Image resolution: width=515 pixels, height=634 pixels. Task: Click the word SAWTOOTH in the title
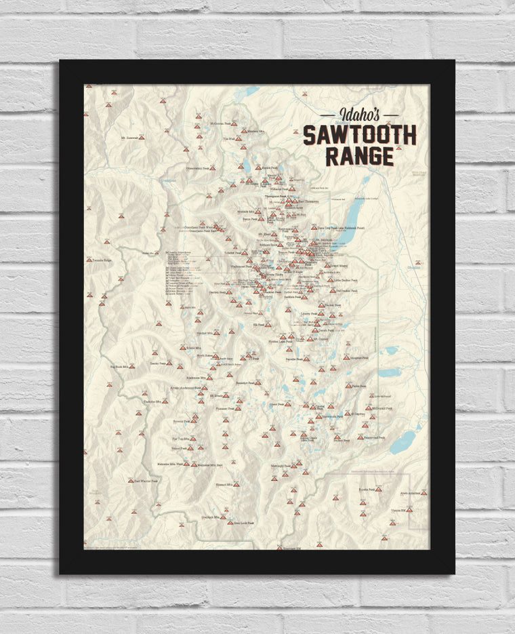[x=359, y=135]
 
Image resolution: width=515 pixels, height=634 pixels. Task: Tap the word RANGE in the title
[x=359, y=157]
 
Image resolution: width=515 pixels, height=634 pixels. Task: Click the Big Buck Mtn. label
[x=119, y=367]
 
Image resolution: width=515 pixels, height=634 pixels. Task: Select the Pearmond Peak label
[x=373, y=438]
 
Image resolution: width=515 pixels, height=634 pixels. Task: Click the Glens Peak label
[x=279, y=403]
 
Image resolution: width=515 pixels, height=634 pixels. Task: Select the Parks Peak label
[x=359, y=386]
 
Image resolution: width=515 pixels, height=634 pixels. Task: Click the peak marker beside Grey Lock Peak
[x=230, y=522]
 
